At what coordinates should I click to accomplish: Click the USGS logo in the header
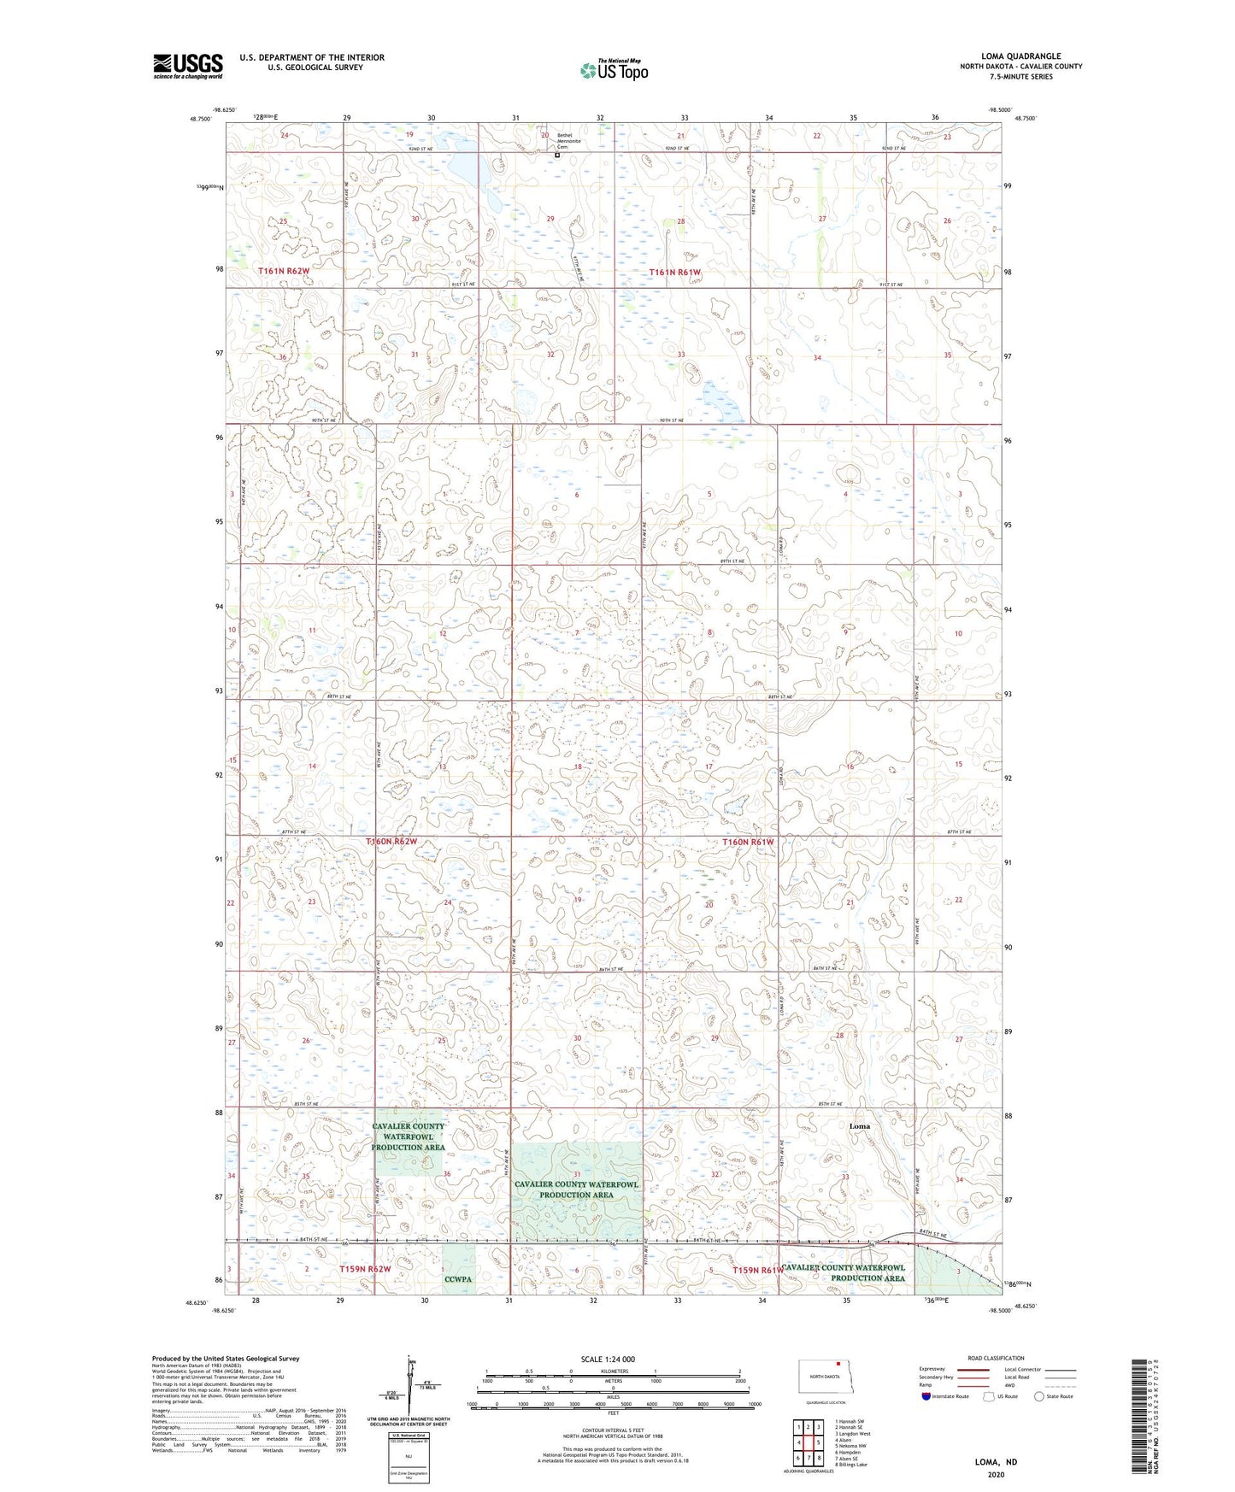(x=187, y=66)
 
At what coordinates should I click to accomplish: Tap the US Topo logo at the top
(x=614, y=70)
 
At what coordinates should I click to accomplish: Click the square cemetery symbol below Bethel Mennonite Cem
(x=557, y=156)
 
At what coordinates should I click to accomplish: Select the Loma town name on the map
(x=859, y=1126)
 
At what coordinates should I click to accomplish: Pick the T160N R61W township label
(x=748, y=842)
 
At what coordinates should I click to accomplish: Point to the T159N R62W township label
(x=365, y=1269)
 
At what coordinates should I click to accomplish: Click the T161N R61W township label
(x=675, y=273)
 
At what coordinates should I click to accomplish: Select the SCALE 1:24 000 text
(x=608, y=1359)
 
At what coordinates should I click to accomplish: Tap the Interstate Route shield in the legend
(x=926, y=1396)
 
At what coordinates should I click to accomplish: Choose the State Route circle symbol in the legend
(x=1039, y=1396)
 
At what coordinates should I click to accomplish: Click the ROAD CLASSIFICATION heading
(x=996, y=1358)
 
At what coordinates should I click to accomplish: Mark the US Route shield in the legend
(x=991, y=1396)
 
